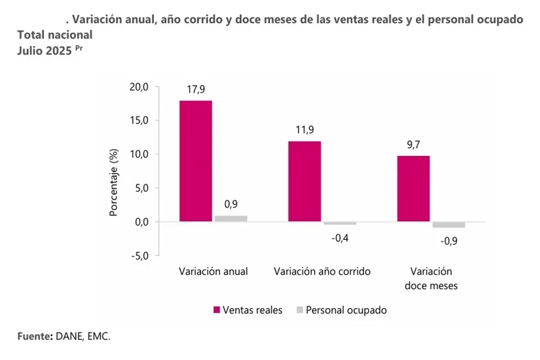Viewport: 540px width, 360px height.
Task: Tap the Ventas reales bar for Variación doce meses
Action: (x=413, y=188)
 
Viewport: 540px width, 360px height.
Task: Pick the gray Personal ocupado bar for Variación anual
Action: (x=231, y=218)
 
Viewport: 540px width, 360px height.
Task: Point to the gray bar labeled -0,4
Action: (x=340, y=223)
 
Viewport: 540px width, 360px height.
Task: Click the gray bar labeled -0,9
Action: (x=448, y=225)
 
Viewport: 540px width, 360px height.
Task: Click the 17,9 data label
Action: (x=196, y=89)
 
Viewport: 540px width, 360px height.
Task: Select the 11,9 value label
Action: (x=304, y=130)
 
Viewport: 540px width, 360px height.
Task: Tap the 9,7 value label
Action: (x=413, y=145)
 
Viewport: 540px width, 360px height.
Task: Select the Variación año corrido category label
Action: (x=322, y=272)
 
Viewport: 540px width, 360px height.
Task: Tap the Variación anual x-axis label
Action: (x=213, y=272)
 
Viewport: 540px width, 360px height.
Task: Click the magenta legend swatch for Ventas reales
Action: (x=217, y=310)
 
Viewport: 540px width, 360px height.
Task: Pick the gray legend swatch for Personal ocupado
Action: (x=299, y=310)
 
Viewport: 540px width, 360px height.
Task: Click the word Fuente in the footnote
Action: (x=33, y=336)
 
